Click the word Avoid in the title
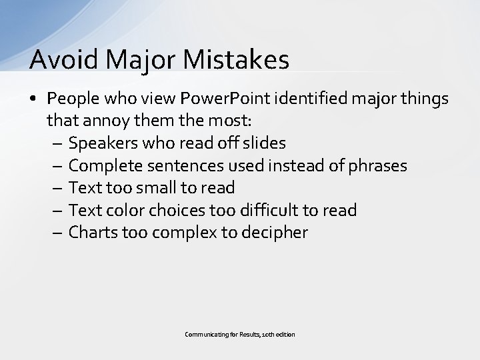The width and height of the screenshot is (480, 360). tap(60, 59)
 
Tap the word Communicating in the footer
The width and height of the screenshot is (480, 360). tap(203, 334)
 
